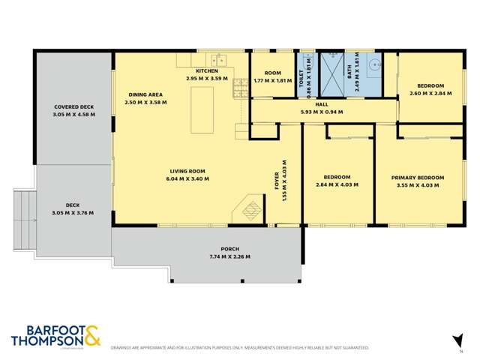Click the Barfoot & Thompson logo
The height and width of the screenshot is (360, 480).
click(55, 337)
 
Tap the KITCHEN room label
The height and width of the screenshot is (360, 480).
click(206, 70)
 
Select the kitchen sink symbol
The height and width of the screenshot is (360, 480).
click(218, 59)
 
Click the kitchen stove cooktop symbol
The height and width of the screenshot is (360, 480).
click(241, 90)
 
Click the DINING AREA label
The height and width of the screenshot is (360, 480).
click(145, 94)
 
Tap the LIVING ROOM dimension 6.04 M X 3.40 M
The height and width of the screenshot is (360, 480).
click(187, 179)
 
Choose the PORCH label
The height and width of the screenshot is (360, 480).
click(229, 249)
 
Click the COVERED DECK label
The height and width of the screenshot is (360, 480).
click(73, 107)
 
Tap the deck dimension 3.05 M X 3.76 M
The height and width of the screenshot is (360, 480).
click(73, 212)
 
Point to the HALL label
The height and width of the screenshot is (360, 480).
click(322, 104)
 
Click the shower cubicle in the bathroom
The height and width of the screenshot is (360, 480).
click(331, 73)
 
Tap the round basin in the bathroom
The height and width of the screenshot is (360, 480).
click(373, 64)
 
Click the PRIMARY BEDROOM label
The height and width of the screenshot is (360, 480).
click(418, 178)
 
